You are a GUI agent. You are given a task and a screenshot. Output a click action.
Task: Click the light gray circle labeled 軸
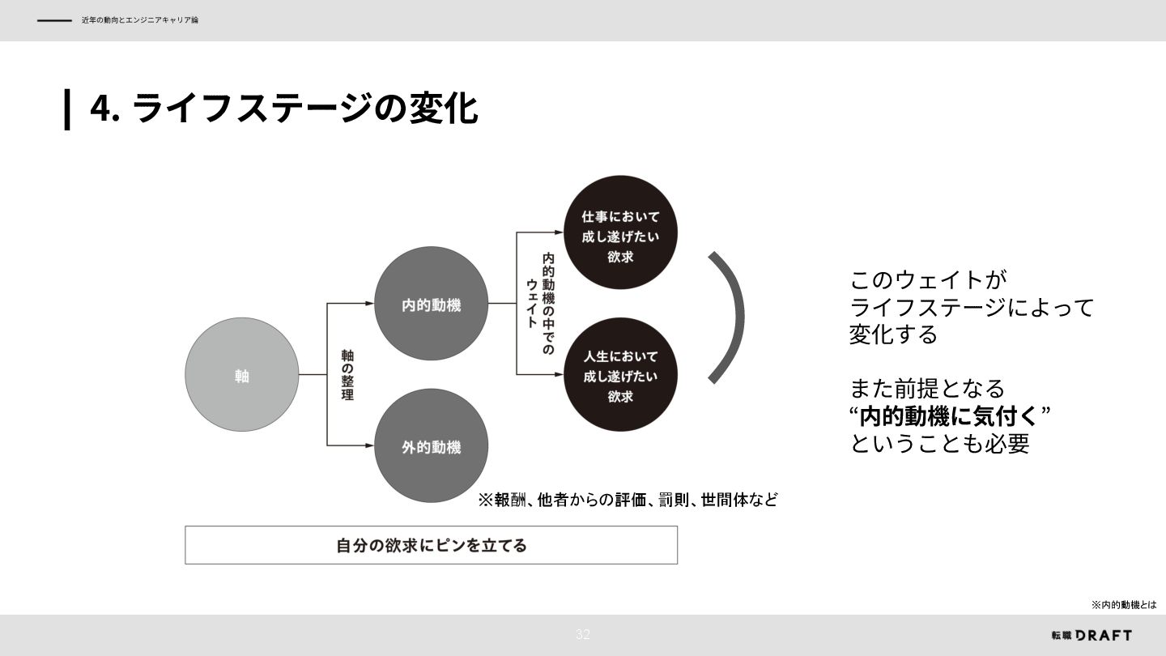pos(241,375)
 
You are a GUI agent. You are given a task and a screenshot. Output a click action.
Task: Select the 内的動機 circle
pos(432,304)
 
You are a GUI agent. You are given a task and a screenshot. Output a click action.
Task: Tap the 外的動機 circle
pos(432,446)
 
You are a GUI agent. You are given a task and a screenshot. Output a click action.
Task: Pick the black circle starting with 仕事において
pos(620,232)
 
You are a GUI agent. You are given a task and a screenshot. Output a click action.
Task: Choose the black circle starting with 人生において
pos(620,374)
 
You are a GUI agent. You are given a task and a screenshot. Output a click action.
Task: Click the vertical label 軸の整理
pos(347,375)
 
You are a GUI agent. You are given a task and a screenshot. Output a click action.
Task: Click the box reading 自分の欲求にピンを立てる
pos(431,545)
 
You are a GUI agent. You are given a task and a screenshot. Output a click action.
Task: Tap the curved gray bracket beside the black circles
pos(733,316)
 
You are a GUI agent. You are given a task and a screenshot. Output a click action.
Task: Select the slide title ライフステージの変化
pos(304,109)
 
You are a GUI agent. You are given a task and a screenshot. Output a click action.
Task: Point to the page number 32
pos(583,635)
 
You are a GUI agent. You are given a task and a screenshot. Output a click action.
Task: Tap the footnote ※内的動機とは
pos(1124,605)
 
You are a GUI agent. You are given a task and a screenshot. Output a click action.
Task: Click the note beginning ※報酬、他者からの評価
pos(628,500)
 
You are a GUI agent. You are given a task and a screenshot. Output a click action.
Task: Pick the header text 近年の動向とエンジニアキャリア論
pos(139,20)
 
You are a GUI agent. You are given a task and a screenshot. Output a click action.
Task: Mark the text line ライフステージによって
pos(971,308)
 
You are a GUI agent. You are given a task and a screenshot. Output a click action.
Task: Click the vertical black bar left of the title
pos(67,109)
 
